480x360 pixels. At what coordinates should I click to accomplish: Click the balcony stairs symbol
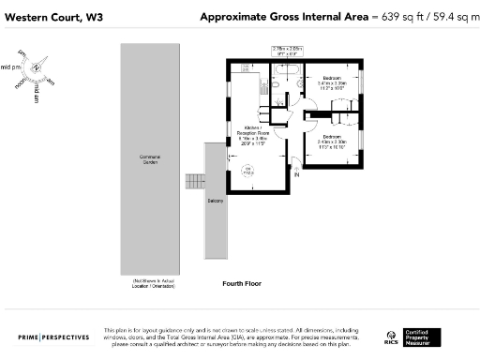click(x=195, y=181)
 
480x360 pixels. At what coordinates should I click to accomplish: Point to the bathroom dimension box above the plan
click(x=287, y=51)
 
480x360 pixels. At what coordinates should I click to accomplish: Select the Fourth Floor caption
click(x=241, y=283)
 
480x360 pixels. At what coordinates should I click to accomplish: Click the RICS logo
click(x=391, y=337)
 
